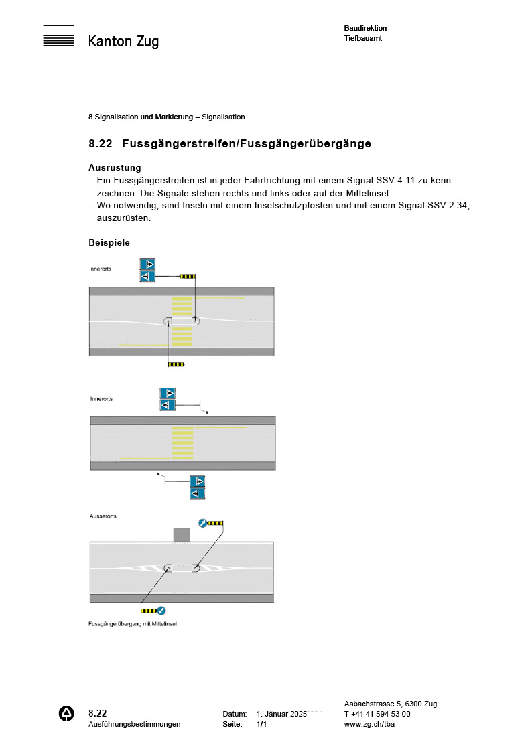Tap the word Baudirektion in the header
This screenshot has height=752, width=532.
(x=365, y=28)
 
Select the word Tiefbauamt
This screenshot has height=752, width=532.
(x=362, y=38)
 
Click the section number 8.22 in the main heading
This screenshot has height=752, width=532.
(x=101, y=144)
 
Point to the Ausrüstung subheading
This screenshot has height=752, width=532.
(x=115, y=168)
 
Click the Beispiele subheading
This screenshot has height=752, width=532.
(x=109, y=242)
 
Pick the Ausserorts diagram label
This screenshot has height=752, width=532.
(x=103, y=516)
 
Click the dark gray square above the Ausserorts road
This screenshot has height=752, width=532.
(x=182, y=534)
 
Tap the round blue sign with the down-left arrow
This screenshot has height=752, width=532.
(x=161, y=611)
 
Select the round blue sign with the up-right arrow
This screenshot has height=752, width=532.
(x=202, y=522)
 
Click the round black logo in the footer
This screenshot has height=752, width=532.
(x=67, y=714)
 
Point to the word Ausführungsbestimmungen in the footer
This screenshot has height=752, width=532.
(x=134, y=724)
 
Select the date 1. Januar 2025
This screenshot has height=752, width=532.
(x=281, y=714)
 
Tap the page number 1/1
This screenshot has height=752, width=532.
(x=262, y=724)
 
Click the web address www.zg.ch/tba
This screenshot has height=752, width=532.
(x=369, y=724)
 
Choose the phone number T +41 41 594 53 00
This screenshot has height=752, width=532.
(x=377, y=714)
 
